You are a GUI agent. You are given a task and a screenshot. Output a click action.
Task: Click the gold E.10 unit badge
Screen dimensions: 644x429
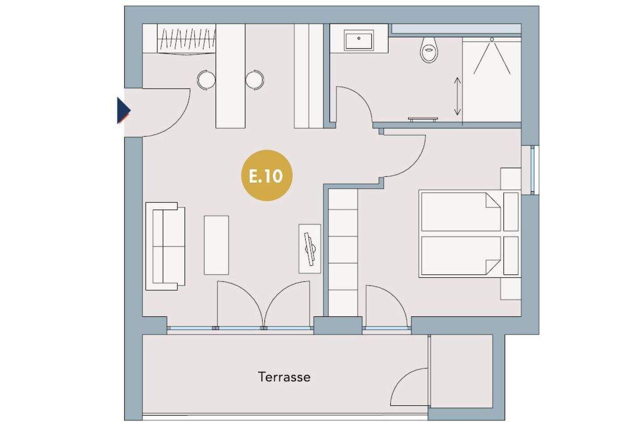267,175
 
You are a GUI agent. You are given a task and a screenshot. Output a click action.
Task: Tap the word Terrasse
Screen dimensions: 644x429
284,377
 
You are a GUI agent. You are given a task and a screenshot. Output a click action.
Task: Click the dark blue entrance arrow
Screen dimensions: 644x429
123,110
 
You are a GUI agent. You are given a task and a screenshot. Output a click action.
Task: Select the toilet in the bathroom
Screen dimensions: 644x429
429,50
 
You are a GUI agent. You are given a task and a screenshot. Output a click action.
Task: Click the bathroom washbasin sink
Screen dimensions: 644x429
359,41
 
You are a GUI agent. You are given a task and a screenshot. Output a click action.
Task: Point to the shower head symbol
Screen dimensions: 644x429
492,39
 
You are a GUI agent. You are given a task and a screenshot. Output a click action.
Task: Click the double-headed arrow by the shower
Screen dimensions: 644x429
458,96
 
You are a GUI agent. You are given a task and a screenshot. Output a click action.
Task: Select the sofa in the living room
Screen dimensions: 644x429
165,246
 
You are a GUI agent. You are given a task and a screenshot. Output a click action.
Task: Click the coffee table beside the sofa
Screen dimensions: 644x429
216,245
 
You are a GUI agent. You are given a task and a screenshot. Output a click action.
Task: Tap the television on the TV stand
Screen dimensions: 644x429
310,249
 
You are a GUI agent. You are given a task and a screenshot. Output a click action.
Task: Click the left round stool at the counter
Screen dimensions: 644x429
206,80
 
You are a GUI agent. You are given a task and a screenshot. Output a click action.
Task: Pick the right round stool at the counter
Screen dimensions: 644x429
255,80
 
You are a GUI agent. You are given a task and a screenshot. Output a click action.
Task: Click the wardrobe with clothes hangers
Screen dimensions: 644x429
186,40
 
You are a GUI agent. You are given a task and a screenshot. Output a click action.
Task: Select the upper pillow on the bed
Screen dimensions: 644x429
511,212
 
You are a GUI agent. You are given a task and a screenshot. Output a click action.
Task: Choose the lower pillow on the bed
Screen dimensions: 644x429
511,256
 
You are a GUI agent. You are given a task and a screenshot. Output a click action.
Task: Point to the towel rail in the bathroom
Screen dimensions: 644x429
423,119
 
